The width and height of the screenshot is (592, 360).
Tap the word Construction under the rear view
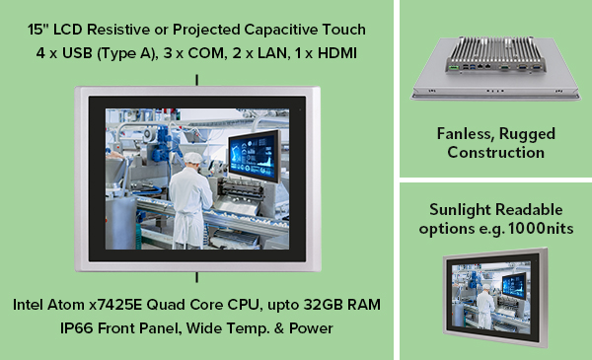coord(495,152)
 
